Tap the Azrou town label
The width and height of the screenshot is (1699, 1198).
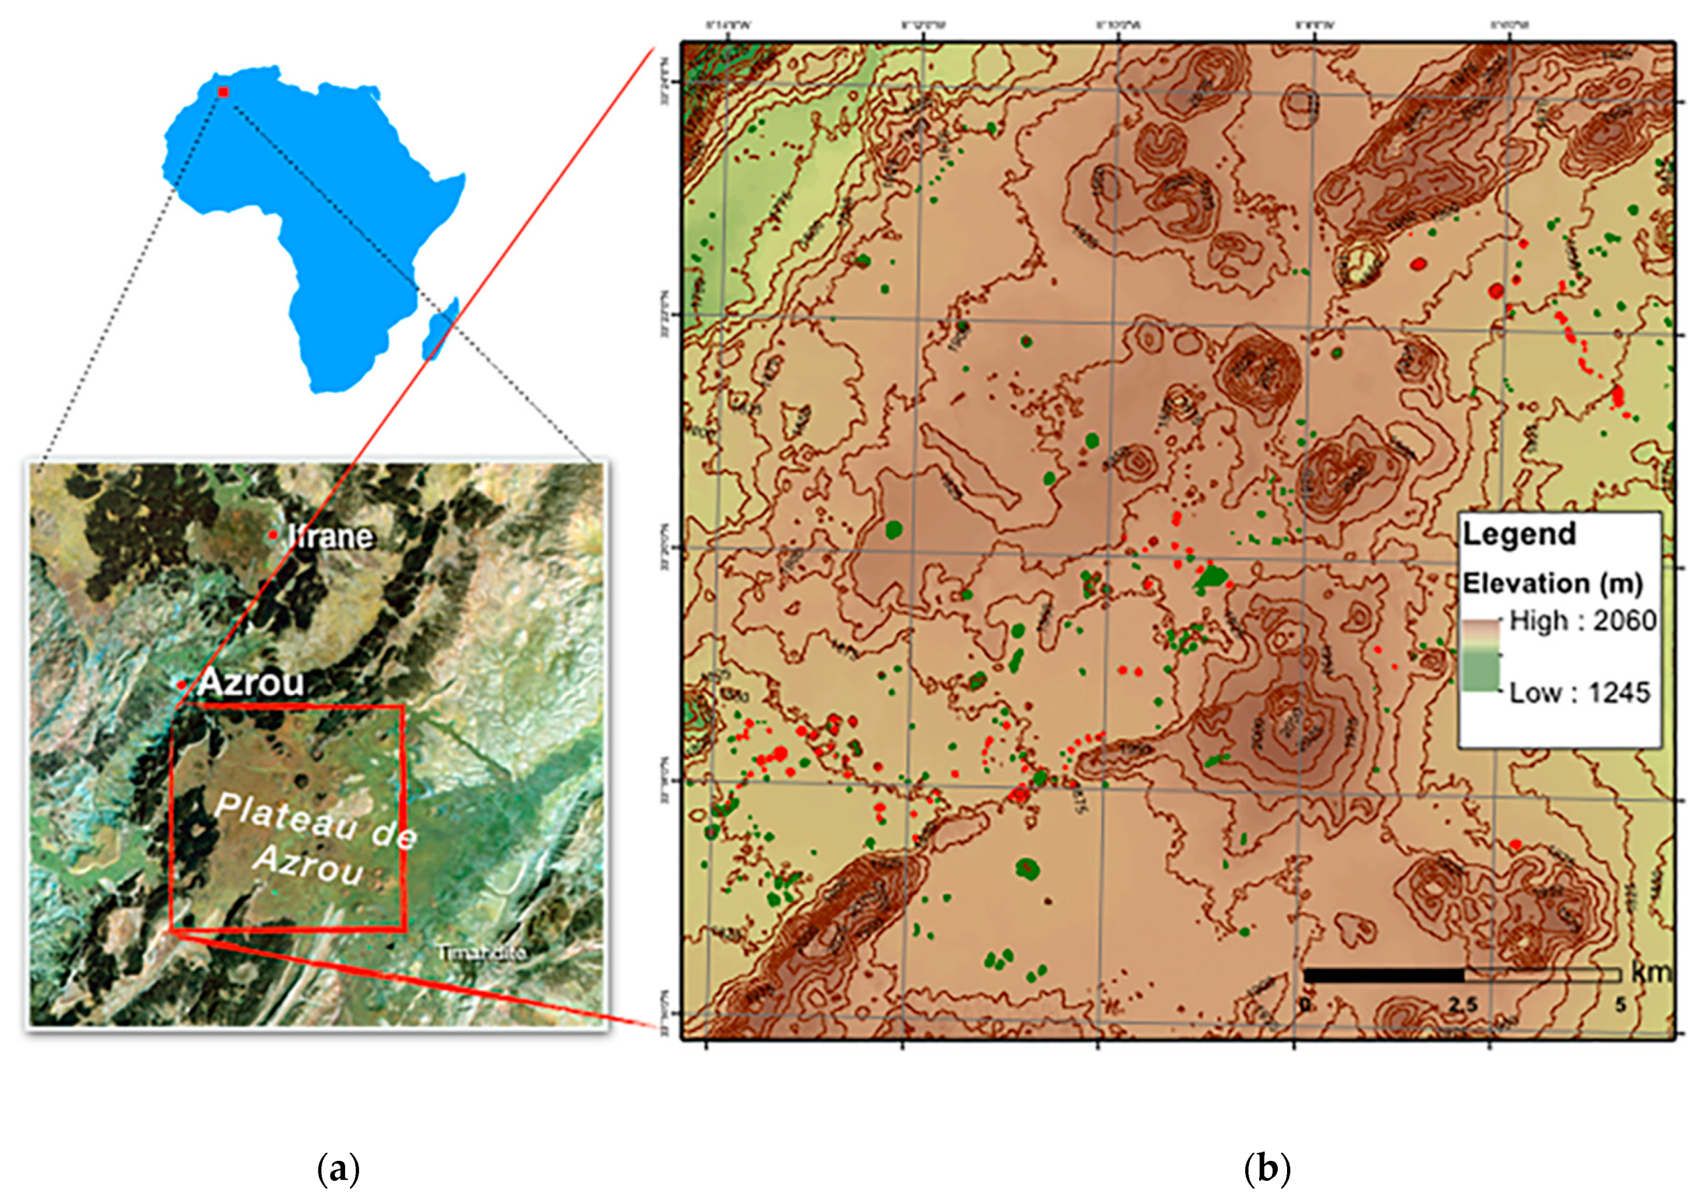pos(251,682)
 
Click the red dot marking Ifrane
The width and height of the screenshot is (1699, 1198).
pos(273,534)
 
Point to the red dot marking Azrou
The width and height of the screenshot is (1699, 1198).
pos(182,685)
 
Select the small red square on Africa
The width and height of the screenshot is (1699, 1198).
pos(224,92)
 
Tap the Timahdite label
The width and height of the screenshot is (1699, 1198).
pos(482,953)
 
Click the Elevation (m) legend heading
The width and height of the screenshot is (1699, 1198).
pos(1552,583)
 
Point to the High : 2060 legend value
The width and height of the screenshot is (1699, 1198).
pos(1582,621)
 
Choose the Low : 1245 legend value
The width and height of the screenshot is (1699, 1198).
pos(1580,693)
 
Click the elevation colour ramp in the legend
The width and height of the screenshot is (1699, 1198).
pos(1481,656)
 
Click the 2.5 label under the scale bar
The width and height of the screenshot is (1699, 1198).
pos(1463,1005)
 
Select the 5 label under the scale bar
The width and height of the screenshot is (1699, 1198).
pos(1621,1005)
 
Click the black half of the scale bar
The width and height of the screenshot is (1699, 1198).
pos(1384,975)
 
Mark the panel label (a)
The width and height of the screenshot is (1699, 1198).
pos(338,1169)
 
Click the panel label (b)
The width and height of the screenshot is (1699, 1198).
pos(1267,1169)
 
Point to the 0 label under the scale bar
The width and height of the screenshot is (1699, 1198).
pos(1306,1005)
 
